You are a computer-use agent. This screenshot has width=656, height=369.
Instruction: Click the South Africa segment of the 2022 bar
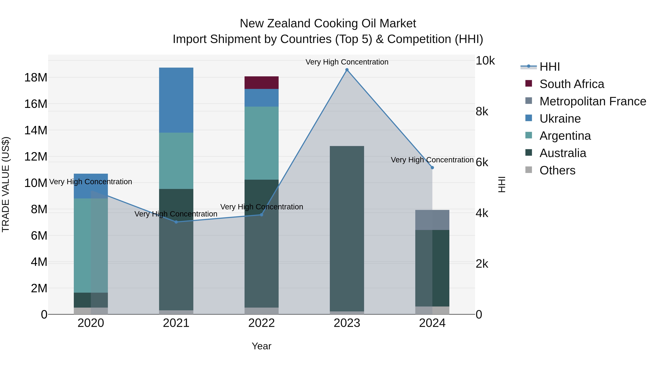(261, 83)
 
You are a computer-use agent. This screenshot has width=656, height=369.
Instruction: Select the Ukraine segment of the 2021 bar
(176, 100)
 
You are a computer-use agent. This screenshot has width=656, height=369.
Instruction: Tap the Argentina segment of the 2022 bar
(261, 143)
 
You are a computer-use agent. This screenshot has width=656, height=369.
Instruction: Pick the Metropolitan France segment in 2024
(432, 220)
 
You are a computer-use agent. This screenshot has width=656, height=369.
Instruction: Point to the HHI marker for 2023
(347, 70)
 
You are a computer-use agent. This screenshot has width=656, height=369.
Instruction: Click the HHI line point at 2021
(176, 222)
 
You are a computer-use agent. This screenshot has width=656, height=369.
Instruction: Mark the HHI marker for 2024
(432, 168)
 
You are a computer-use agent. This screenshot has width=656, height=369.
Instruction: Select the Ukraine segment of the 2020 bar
(91, 186)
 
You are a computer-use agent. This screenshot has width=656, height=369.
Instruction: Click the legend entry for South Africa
(571, 84)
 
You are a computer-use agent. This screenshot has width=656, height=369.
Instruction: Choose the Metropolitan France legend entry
(593, 101)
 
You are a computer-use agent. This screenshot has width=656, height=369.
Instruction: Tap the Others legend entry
(557, 170)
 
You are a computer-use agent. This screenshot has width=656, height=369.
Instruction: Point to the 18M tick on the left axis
(36, 77)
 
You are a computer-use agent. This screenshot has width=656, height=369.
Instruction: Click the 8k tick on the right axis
(482, 112)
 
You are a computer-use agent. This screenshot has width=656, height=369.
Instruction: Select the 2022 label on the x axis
(261, 323)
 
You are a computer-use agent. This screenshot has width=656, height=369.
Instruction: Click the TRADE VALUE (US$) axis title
(6, 184)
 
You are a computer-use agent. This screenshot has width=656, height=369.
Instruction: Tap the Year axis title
(261, 346)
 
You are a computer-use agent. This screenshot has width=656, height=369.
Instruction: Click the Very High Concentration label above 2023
(347, 62)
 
